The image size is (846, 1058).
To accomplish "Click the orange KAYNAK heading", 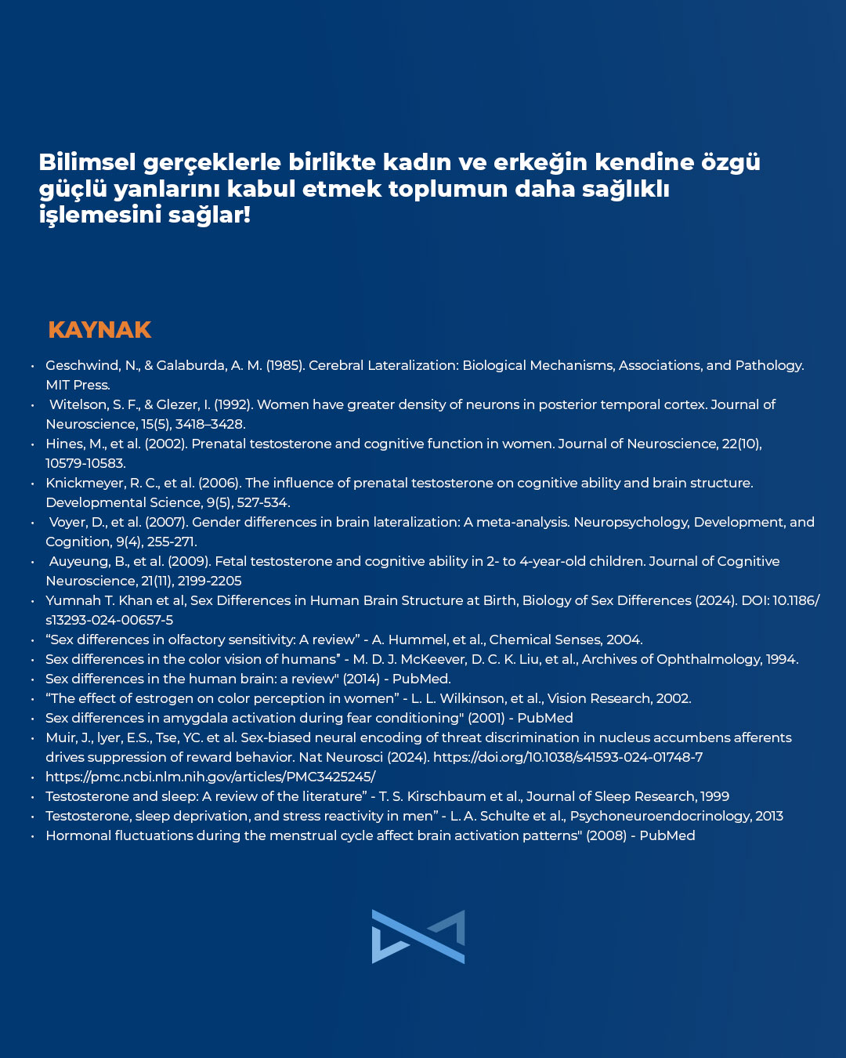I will (x=99, y=330).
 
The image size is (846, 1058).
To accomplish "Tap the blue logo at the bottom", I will (x=418, y=936).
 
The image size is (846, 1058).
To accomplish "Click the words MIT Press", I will (x=78, y=385).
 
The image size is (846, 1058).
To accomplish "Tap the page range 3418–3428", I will (x=210, y=424).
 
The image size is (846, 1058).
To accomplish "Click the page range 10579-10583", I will (x=85, y=463).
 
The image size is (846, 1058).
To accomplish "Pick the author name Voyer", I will (x=69, y=522).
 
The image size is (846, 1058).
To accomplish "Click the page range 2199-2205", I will (x=209, y=581).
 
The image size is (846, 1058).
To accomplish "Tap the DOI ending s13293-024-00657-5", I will (x=109, y=620).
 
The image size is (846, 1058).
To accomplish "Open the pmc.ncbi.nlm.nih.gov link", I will (x=210, y=777).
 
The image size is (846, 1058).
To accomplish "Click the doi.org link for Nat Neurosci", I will (x=567, y=757).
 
